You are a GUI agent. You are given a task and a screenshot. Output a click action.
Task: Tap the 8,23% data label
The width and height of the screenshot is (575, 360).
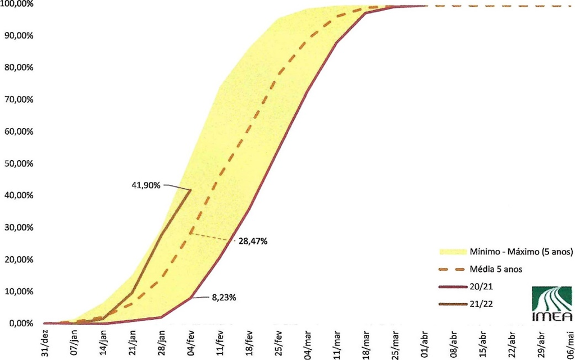pos(224,298)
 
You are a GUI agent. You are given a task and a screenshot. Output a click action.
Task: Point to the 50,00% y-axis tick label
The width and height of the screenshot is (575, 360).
pos(19,163)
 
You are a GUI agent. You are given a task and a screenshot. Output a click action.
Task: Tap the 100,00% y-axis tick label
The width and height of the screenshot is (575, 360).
pos(17,4)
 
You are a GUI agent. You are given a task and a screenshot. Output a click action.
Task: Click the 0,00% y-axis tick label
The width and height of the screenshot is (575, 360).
pos(21,323)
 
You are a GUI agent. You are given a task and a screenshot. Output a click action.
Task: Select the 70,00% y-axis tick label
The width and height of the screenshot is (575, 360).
pos(19,99)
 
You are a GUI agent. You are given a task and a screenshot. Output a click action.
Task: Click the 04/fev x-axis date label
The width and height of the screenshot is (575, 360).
pos(191,341)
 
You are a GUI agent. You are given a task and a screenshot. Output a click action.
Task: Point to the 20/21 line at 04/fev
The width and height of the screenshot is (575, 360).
pos(191,297)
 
